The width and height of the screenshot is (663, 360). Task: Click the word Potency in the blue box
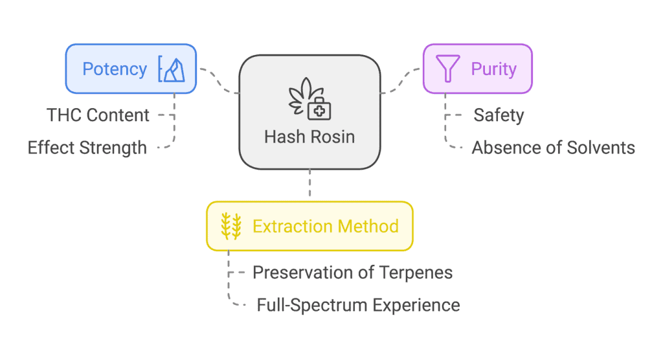click(x=115, y=69)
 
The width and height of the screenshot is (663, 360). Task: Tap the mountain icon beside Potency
click(x=171, y=69)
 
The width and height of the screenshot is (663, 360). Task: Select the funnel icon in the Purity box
click(x=447, y=68)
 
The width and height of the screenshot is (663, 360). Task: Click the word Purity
click(x=494, y=69)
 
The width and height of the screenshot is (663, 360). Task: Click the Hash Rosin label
click(x=309, y=137)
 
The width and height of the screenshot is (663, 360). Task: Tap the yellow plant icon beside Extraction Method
click(x=231, y=226)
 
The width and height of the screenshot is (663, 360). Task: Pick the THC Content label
click(x=98, y=115)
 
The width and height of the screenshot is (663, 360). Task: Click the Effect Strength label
click(x=87, y=148)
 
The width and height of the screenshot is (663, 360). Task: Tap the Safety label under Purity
click(x=499, y=115)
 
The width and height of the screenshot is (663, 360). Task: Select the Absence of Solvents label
click(x=553, y=148)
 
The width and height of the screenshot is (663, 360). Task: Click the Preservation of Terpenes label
click(x=352, y=273)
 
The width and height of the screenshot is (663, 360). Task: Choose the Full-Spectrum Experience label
click(x=358, y=305)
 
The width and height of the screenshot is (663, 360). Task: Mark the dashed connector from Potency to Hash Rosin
click(x=219, y=80)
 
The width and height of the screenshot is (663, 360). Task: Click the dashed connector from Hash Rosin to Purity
click(x=401, y=80)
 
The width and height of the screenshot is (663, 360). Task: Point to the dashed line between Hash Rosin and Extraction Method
click(x=310, y=183)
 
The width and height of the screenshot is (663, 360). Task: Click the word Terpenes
click(x=416, y=273)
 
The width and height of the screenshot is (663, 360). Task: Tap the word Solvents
click(x=600, y=148)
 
